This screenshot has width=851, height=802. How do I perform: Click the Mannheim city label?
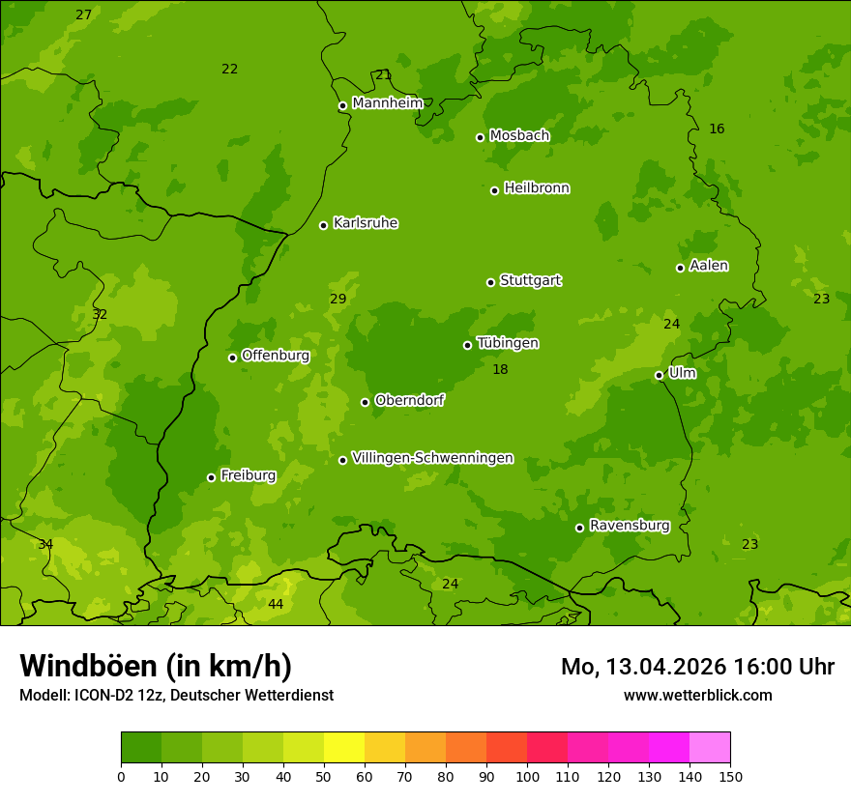[387, 103]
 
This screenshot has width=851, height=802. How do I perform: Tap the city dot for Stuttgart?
[490, 282]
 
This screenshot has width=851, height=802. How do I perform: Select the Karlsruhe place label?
[365, 223]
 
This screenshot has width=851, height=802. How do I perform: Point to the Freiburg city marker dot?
[211, 477]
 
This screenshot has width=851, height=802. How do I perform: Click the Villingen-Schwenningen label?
[432, 458]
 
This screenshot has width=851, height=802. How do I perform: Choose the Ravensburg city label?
[629, 526]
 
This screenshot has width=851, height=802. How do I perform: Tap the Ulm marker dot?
[659, 375]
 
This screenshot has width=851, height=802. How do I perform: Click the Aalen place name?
[709, 266]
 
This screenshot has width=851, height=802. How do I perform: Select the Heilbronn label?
[537, 188]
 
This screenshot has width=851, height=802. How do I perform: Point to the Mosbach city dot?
[480, 137]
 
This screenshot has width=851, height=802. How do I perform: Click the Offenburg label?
[276, 356]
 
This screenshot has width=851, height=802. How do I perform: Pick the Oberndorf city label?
[409, 400]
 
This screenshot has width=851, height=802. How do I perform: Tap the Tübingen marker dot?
[467, 345]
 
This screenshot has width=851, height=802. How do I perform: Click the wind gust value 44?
[276, 604]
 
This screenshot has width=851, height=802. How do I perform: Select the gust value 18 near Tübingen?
[500, 370]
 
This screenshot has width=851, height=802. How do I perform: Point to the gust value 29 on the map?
[337, 300]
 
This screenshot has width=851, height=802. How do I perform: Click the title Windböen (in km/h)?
[156, 666]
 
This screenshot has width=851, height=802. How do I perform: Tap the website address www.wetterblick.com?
[697, 695]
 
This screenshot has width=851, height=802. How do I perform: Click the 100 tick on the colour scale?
[527, 776]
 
